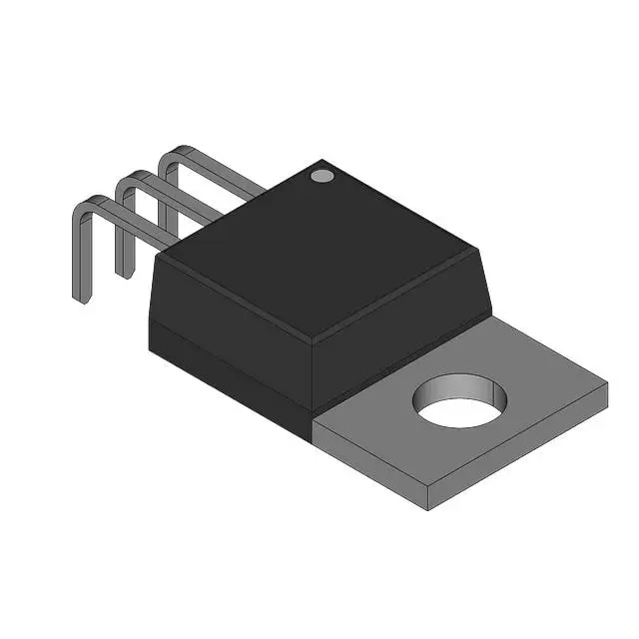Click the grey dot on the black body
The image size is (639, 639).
click(321, 176)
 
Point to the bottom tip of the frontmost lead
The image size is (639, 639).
click(80, 299)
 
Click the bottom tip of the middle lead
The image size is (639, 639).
click(122, 273)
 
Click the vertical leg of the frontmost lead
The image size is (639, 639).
click(78, 255)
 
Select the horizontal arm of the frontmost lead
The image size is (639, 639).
click(130, 222)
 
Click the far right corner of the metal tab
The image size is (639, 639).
click(607, 382)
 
